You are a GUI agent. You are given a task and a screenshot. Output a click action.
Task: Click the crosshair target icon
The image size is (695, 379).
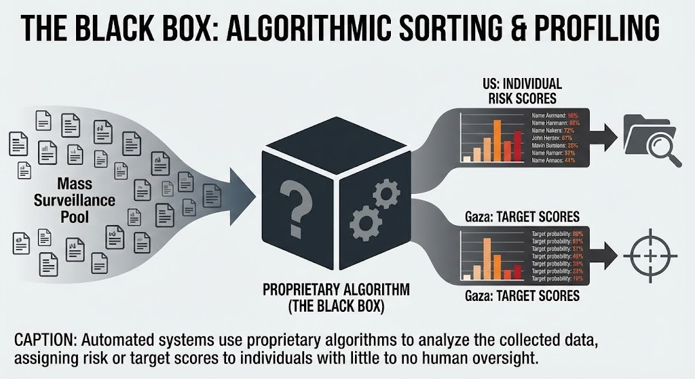[650, 256]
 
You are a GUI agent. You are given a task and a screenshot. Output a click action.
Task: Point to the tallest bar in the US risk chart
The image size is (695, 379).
[497, 140]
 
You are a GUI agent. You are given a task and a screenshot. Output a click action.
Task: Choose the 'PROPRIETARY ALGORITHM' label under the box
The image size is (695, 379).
[336, 290]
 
